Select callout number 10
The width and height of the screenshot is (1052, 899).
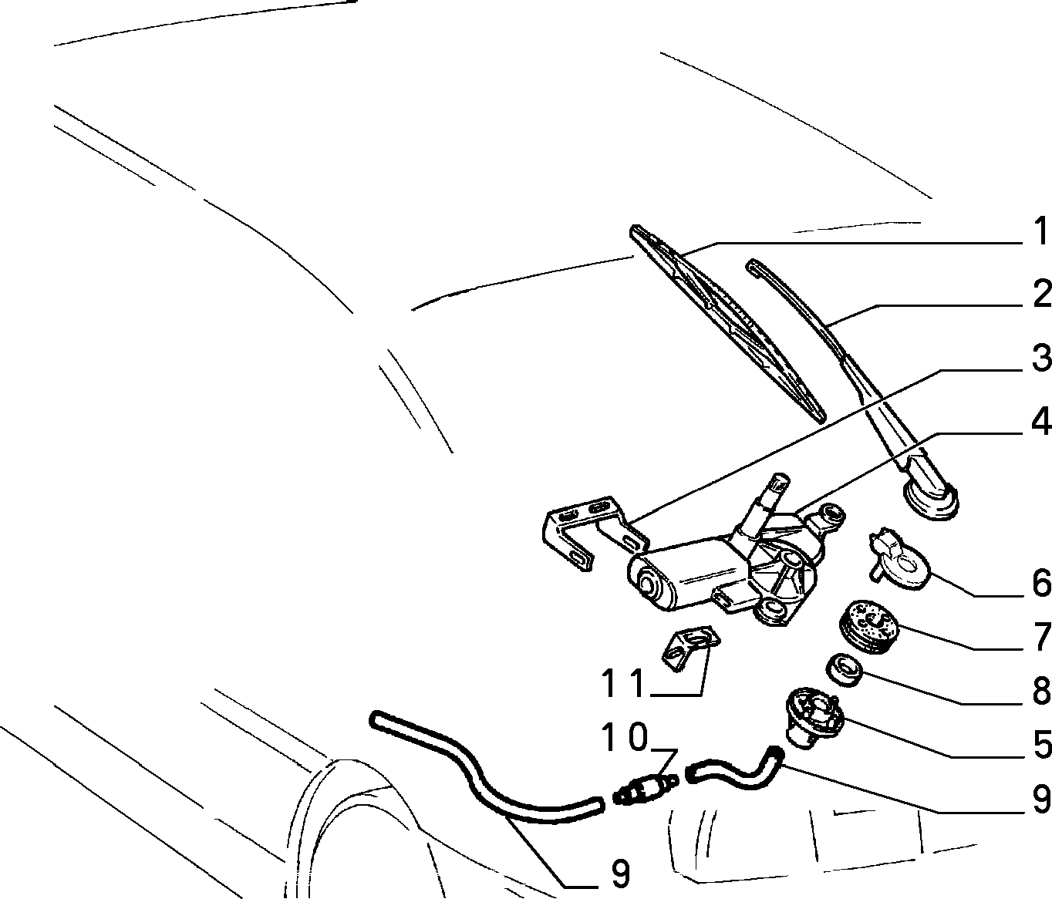624,736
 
